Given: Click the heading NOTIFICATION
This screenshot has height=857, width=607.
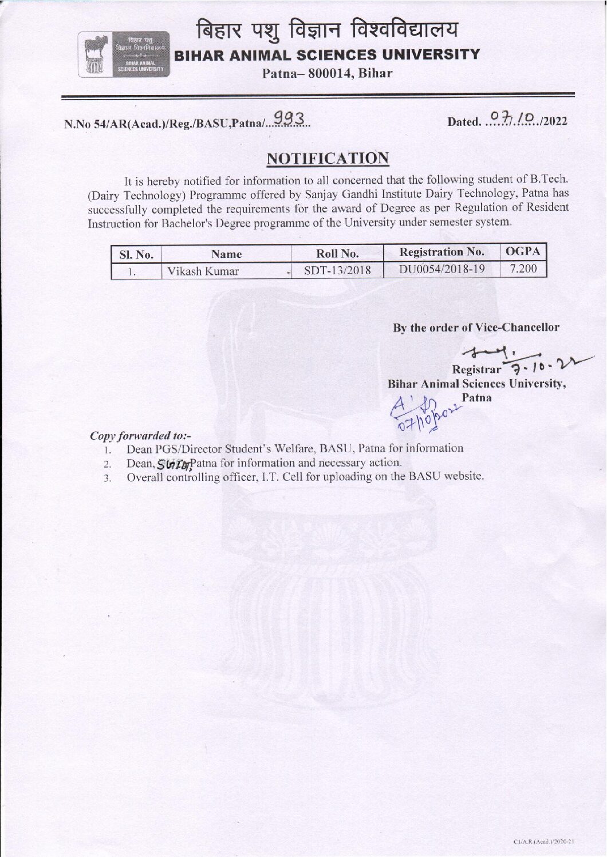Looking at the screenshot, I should point(328,159).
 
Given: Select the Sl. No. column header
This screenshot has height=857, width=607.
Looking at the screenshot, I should point(136,254).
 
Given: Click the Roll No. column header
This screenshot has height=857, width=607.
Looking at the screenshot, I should point(337,253).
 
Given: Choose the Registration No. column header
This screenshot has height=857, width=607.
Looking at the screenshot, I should point(442,252).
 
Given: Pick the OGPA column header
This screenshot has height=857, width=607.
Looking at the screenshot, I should point(523,251).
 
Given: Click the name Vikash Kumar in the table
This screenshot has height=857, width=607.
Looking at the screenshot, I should point(203,271).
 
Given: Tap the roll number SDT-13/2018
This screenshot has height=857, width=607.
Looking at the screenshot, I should point(337,270).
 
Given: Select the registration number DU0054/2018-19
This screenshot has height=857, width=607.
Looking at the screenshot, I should point(442,269).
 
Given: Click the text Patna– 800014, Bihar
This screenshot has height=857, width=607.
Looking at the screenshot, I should point(327,73).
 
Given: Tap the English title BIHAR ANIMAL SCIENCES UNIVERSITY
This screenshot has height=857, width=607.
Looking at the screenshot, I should point(327,55).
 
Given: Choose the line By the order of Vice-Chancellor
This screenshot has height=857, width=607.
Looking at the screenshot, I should point(476,327).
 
